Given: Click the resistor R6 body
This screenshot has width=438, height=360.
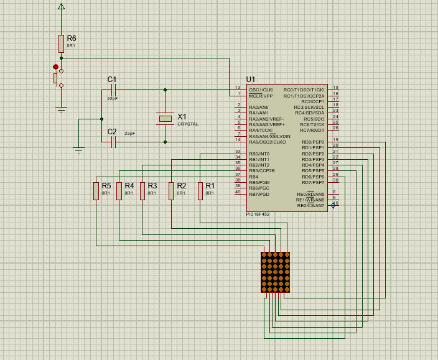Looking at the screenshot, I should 61,44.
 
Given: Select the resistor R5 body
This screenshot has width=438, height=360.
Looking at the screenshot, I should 96,190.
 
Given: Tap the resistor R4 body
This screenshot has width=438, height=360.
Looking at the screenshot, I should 119,190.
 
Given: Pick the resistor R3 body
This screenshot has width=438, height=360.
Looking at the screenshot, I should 142,190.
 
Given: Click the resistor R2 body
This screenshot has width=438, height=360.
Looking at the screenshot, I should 171,190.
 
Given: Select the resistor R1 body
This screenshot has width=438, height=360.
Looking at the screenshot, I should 200,190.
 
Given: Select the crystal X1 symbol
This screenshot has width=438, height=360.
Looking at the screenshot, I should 165,118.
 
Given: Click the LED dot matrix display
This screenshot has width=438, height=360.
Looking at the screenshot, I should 276,272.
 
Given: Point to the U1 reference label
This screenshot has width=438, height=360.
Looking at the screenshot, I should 251,80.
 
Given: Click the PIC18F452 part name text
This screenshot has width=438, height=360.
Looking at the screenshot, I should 258,214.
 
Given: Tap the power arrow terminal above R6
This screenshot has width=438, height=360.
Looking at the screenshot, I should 61,7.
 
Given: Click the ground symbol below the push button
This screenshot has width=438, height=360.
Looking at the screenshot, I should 61,110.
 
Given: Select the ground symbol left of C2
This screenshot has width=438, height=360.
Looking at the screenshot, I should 78,149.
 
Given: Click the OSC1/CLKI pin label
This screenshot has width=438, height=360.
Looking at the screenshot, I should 261,90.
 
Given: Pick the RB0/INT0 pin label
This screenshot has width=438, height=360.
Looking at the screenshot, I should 259,154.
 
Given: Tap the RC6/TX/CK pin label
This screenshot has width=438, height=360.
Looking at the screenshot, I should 312,124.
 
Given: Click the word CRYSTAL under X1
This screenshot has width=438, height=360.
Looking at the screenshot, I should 188,124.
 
